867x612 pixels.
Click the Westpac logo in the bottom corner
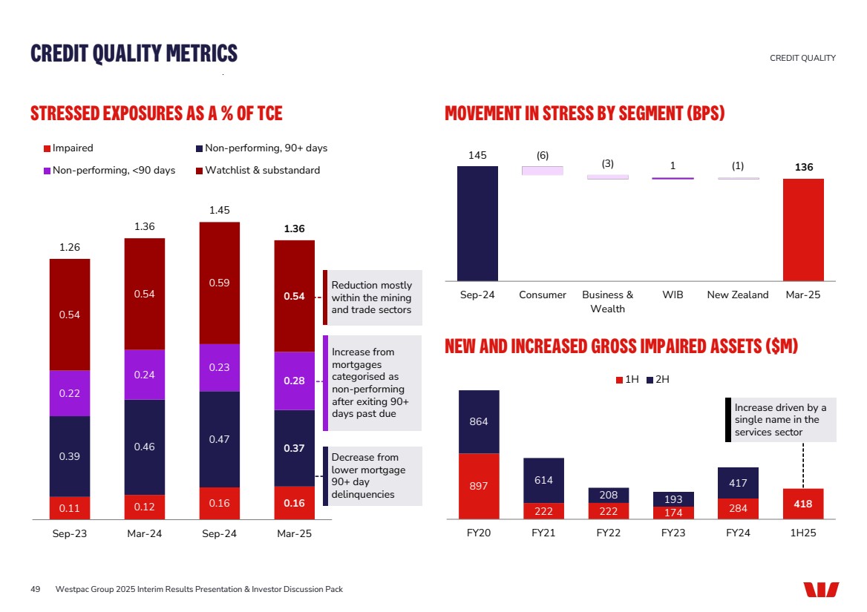pyautogui.click(x=820, y=589)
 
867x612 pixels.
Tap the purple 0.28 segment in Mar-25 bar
pyautogui.click(x=294, y=381)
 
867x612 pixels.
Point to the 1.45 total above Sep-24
pyautogui.click(x=219, y=211)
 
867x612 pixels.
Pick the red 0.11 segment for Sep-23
pyautogui.click(x=70, y=508)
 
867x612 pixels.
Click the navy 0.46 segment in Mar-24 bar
pyautogui.click(x=145, y=447)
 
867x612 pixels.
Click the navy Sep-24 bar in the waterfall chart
pyautogui.click(x=477, y=223)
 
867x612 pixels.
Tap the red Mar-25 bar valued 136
pyautogui.click(x=803, y=230)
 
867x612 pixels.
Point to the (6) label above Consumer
pyautogui.click(x=543, y=155)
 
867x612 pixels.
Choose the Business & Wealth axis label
pyautogui.click(x=607, y=301)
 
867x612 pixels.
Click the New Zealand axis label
pyautogui.click(x=737, y=295)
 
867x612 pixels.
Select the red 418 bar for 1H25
pyautogui.click(x=803, y=504)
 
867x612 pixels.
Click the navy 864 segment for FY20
pyautogui.click(x=479, y=421)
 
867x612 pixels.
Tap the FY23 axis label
pyautogui.click(x=673, y=534)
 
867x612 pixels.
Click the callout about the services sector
pyautogui.click(x=780, y=420)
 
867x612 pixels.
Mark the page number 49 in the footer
pyautogui.click(x=35, y=589)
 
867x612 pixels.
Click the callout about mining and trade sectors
pyautogui.click(x=372, y=297)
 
